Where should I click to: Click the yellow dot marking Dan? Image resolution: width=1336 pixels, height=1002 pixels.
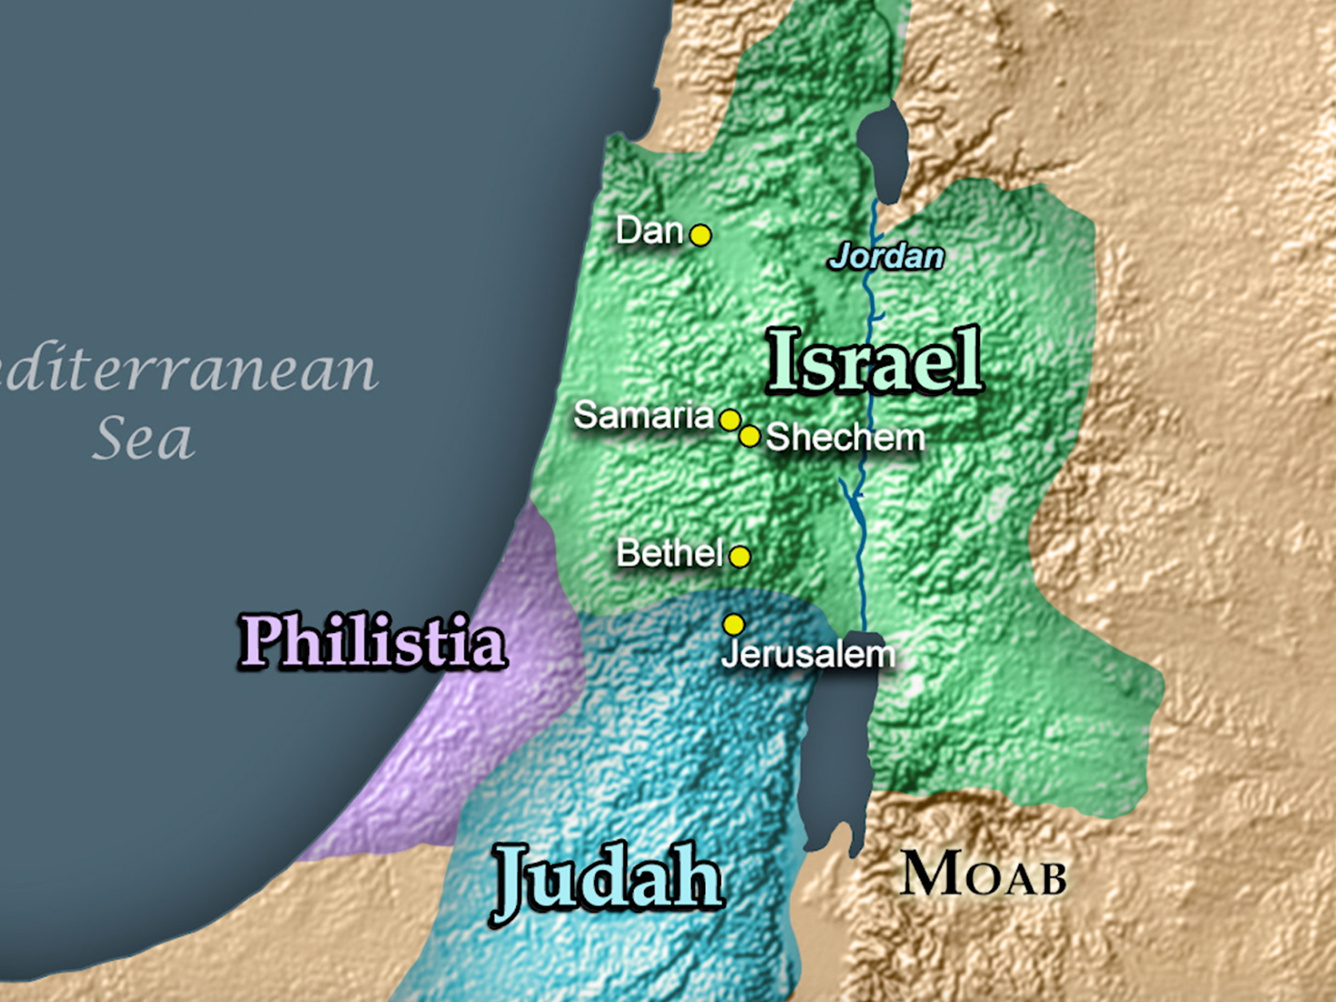tap(700, 235)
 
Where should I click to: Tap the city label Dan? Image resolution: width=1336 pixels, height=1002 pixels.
tap(650, 231)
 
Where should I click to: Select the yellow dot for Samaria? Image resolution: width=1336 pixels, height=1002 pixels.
tap(730, 419)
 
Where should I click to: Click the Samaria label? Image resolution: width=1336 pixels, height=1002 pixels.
tap(644, 415)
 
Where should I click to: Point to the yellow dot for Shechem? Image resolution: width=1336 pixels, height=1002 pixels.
tap(750, 436)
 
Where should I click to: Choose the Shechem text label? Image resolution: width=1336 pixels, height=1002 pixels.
tap(845, 437)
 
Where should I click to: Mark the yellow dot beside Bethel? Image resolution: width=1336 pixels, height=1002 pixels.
tap(740, 556)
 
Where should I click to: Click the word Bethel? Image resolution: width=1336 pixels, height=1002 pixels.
tap(670, 553)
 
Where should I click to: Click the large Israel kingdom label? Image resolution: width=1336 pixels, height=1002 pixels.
tap(875, 362)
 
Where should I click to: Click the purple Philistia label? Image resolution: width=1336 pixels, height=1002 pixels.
tap(372, 642)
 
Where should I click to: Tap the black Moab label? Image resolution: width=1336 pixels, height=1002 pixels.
tap(983, 875)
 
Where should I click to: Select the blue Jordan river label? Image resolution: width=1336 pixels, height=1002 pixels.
tap(886, 257)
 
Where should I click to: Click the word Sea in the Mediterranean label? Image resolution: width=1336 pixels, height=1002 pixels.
tap(144, 438)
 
